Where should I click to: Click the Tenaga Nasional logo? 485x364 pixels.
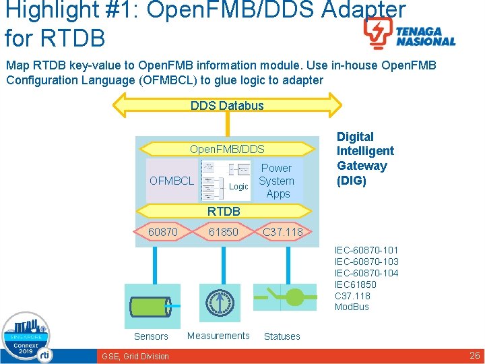click(x=409, y=34)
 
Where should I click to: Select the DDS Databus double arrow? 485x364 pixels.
click(x=227, y=105)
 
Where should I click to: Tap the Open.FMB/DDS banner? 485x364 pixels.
click(x=227, y=149)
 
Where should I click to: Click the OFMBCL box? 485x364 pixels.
click(x=172, y=181)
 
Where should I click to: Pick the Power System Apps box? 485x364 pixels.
click(x=276, y=181)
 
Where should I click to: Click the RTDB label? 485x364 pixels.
click(x=224, y=212)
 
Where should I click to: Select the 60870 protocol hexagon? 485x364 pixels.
click(x=163, y=232)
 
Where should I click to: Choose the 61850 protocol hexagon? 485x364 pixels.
click(x=223, y=232)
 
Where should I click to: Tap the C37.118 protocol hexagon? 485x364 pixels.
click(x=283, y=232)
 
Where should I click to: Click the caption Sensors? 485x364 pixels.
click(x=151, y=336)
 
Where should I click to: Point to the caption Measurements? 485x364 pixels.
click(x=218, y=336)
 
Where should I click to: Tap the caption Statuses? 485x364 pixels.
click(x=282, y=336)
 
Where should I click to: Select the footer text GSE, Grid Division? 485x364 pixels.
click(x=135, y=356)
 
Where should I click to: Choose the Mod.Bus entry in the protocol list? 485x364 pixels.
click(x=352, y=307)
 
